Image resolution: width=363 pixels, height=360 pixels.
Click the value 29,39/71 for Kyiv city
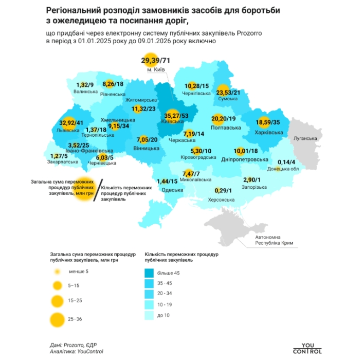coord(155,61)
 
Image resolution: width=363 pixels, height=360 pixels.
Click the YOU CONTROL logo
coord(307,348)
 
